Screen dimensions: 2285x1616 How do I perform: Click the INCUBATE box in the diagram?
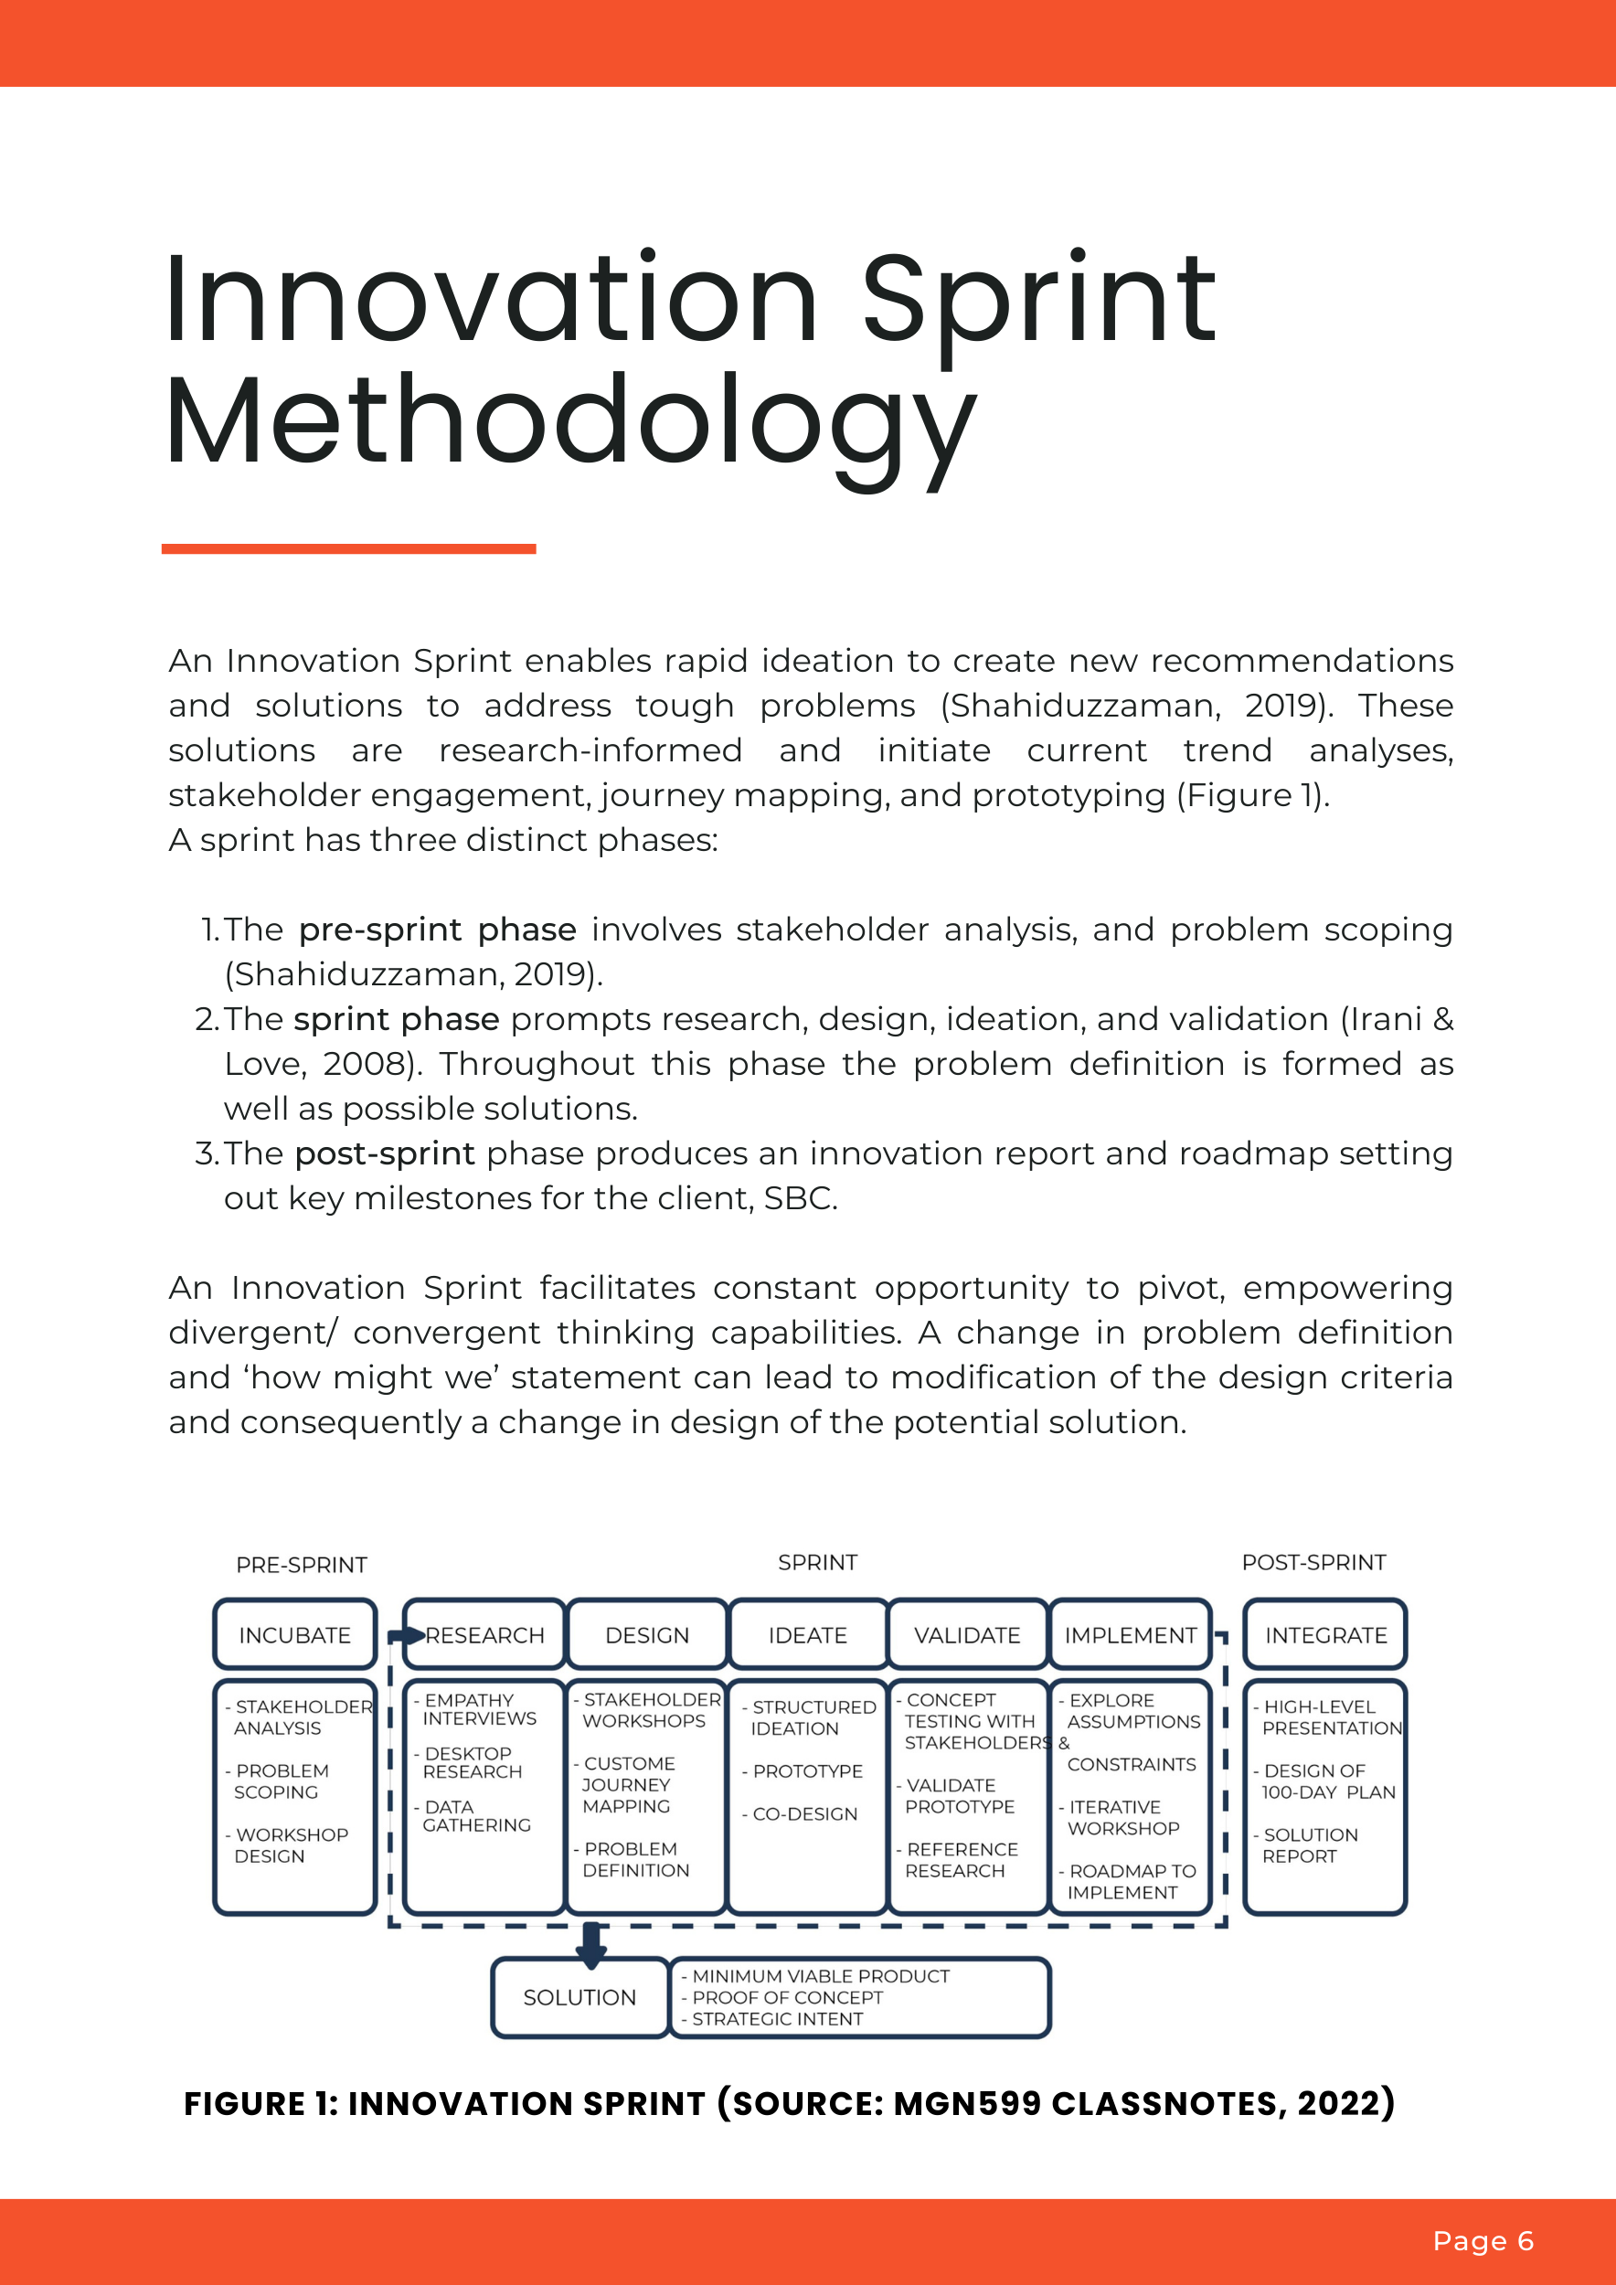tap(294, 1635)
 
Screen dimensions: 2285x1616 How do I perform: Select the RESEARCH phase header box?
tap(485, 1635)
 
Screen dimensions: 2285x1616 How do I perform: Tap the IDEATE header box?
tap(807, 1635)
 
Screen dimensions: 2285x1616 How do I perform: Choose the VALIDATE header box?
tap(967, 1635)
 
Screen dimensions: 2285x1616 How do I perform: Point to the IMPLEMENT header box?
tap(1131, 1635)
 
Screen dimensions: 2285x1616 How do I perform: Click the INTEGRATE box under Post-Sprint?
tap(1325, 1635)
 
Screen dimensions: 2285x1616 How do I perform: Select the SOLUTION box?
tap(579, 1997)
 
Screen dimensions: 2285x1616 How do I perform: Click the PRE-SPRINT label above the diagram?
tap(302, 1565)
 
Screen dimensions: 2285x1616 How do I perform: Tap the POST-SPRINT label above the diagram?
tap(1313, 1562)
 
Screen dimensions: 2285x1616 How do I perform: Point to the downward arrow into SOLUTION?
tap(591, 1947)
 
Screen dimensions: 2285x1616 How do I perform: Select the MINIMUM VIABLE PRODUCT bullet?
tap(820, 1975)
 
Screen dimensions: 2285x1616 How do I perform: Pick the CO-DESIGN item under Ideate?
tap(804, 1813)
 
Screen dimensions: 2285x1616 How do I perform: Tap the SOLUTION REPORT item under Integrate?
tap(1308, 1845)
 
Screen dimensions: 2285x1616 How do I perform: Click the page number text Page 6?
tap(1483, 2240)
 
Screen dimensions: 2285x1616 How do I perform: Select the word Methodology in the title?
tap(569, 422)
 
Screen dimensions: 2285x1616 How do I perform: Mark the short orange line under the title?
tap(348, 548)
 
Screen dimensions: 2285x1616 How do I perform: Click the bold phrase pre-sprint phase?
tap(437, 930)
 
